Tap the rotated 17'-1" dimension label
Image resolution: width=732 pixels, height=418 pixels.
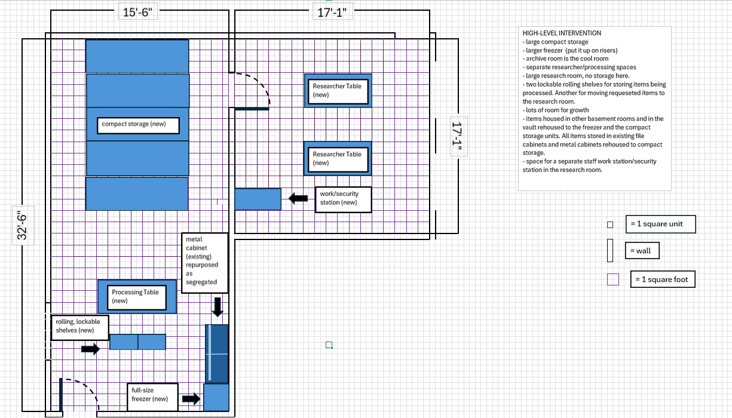tap(458, 138)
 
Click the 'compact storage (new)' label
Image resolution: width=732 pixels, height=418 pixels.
tap(140, 125)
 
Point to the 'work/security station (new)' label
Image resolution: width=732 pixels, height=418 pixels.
tap(344, 199)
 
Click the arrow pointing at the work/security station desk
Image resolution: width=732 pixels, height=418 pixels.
tap(298, 198)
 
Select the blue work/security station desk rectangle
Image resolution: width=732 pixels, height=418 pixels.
tap(258, 199)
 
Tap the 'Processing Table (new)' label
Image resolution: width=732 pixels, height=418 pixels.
tap(137, 296)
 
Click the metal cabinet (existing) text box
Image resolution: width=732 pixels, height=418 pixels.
tap(204, 263)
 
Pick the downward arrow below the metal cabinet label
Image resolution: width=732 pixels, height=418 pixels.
tap(218, 307)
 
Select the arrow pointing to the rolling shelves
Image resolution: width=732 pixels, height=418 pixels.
tap(90, 349)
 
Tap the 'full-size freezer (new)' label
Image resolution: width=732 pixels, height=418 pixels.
tap(152, 397)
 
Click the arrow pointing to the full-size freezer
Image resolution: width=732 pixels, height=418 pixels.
tap(191, 398)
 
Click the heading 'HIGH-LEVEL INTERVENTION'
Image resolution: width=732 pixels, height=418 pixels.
tap(562, 33)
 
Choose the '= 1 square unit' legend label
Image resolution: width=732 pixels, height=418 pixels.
tap(661, 225)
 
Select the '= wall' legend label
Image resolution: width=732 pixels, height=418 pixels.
tap(643, 251)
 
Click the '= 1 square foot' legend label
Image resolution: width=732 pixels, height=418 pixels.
tap(663, 279)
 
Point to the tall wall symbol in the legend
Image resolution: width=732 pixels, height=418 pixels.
tap(610, 250)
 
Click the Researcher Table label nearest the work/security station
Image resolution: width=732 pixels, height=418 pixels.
tap(338, 158)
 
